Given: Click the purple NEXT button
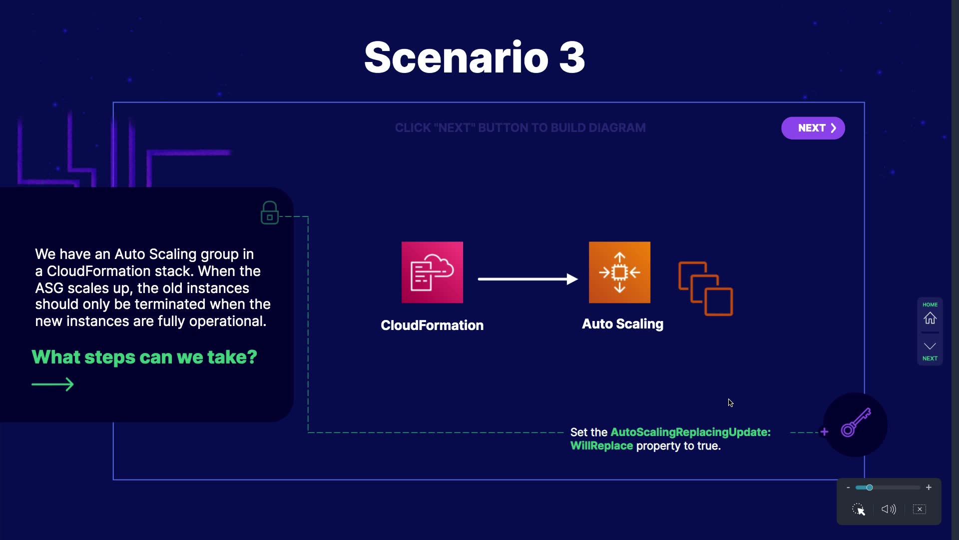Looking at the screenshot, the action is (x=813, y=128).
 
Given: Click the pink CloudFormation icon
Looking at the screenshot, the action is (x=432, y=272).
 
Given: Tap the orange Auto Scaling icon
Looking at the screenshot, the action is (x=619, y=272).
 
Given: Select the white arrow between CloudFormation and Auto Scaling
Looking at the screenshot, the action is (x=528, y=279).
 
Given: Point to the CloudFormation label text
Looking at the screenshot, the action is (x=432, y=325).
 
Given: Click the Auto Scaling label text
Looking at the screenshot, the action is (x=623, y=324).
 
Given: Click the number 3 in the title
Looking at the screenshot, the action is (x=572, y=57).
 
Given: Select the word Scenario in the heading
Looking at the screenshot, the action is (x=457, y=57).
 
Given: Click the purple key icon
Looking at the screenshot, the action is (x=856, y=423).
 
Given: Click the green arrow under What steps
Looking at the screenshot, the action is (x=52, y=384).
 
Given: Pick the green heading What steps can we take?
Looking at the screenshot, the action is (x=144, y=357).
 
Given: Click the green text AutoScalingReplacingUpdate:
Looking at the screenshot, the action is (x=691, y=432).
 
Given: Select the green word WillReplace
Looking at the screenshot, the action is (x=601, y=445).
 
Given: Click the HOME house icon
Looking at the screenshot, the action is (x=930, y=318).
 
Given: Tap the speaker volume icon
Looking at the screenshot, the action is (x=889, y=509).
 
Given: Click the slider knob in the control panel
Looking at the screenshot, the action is (x=869, y=487).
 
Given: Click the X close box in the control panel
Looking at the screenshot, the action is (x=920, y=509).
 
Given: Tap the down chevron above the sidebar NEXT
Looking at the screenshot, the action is (x=930, y=346).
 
